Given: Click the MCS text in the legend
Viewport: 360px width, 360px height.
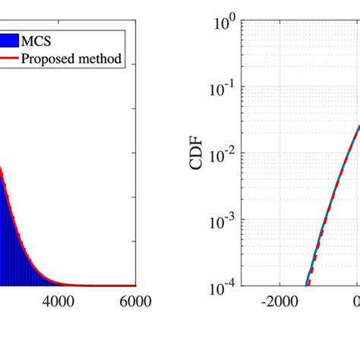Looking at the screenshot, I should [46, 39].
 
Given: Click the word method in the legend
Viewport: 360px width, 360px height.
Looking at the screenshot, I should [101, 58].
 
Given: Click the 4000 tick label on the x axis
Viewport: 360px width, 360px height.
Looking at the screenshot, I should [60, 302].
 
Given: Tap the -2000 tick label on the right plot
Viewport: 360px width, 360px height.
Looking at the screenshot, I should [279, 302].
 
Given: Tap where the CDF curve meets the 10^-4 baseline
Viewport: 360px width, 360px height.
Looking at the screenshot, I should [307, 285].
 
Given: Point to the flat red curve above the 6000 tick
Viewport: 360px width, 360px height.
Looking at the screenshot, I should [129, 286].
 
